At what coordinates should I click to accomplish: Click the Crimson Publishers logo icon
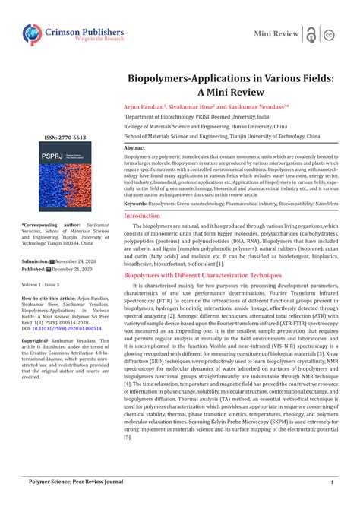[33, 34]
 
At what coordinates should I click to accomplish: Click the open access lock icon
[311, 34]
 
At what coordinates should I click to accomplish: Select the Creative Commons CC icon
[330, 35]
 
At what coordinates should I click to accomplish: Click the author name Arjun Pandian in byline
[144, 107]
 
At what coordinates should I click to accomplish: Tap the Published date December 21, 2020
[65, 269]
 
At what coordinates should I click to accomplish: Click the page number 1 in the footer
[332, 482]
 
